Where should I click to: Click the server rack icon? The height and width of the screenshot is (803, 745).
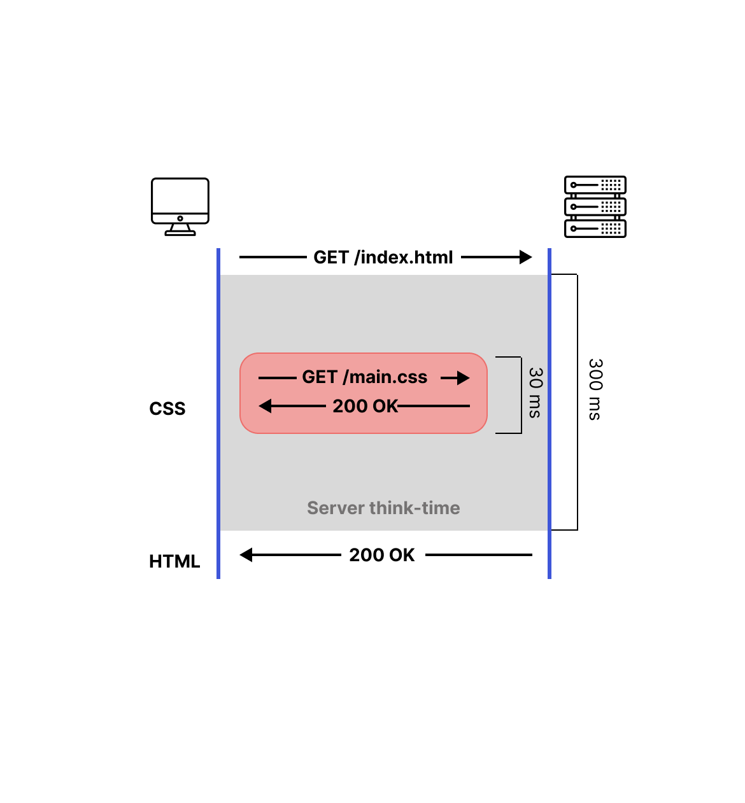click(x=595, y=207)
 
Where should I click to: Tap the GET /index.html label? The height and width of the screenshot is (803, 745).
click(x=383, y=257)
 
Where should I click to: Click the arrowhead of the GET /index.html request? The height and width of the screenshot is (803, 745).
click(x=526, y=257)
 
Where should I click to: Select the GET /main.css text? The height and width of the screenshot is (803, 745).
click(x=364, y=377)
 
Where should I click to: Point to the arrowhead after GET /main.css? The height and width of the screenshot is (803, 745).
click(x=464, y=378)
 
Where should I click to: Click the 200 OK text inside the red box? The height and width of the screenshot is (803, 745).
click(x=365, y=406)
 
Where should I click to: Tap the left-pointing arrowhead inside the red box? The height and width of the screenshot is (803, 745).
click(x=266, y=406)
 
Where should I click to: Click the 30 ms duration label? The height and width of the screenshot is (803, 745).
click(x=536, y=393)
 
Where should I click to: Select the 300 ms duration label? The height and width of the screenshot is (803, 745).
click(x=595, y=389)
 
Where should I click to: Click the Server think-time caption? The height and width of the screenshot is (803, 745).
click(x=383, y=508)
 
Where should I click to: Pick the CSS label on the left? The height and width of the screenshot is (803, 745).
click(x=167, y=408)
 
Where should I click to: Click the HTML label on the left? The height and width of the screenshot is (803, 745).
click(x=174, y=561)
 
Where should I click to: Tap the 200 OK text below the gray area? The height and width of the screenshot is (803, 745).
click(x=382, y=555)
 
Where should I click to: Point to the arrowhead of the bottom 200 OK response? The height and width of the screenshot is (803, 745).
click(x=246, y=555)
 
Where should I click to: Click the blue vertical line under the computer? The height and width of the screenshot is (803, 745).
click(x=218, y=414)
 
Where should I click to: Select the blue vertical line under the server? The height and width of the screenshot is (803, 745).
click(x=550, y=414)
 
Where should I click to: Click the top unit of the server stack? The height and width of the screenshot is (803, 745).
click(x=595, y=185)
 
